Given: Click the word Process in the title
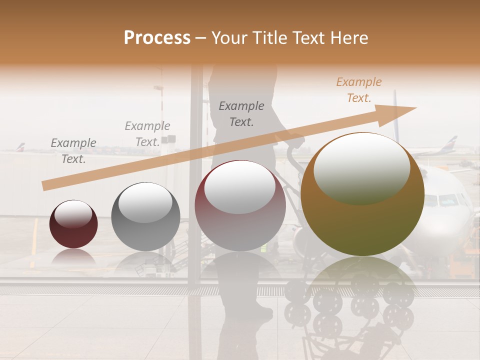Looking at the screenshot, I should click(157, 38).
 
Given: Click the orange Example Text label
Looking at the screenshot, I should click(359, 90).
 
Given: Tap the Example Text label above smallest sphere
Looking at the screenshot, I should click(73, 151).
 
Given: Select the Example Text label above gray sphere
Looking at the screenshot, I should click(147, 134).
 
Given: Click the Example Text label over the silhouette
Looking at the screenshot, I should click(241, 114).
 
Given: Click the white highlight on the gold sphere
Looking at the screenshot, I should click(361, 167).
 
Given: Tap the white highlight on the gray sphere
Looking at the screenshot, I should click(145, 201).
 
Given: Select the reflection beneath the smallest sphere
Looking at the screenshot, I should click(73, 257).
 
